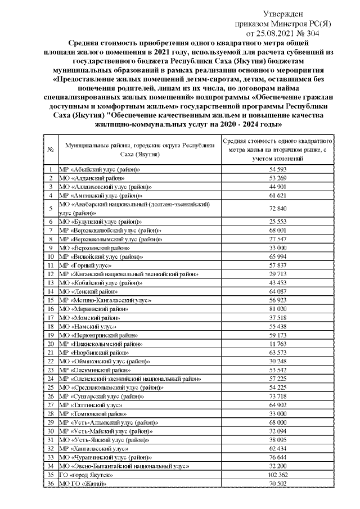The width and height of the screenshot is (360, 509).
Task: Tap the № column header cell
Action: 51,150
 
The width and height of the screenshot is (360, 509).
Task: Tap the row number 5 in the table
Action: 51,209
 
